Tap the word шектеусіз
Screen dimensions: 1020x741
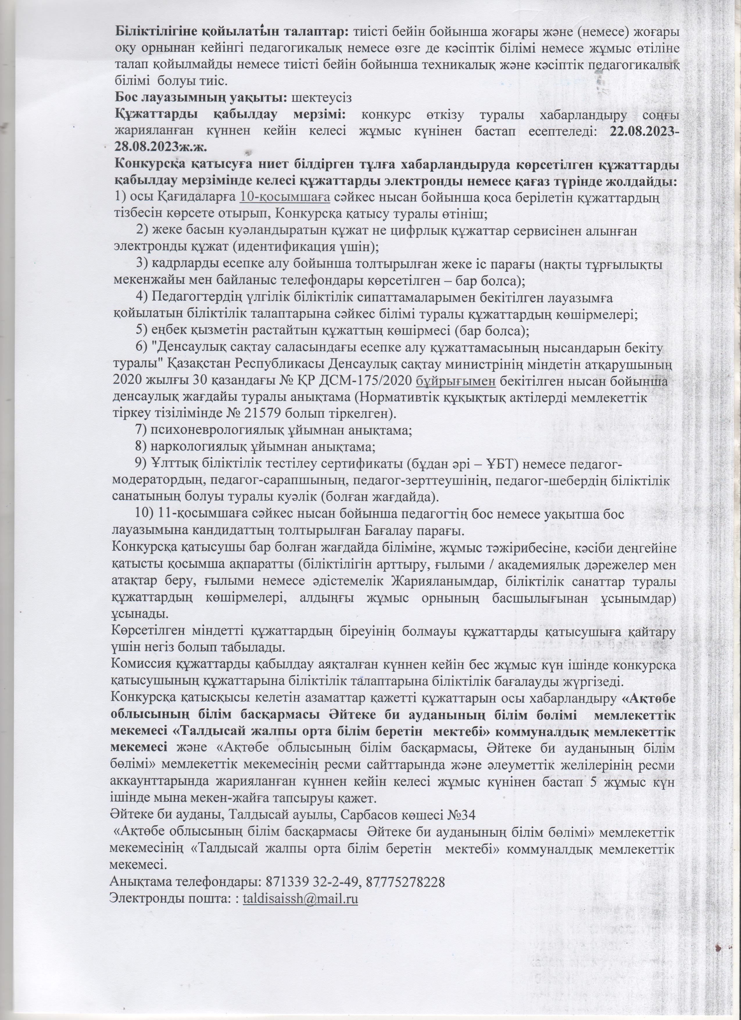pos(321,97)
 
